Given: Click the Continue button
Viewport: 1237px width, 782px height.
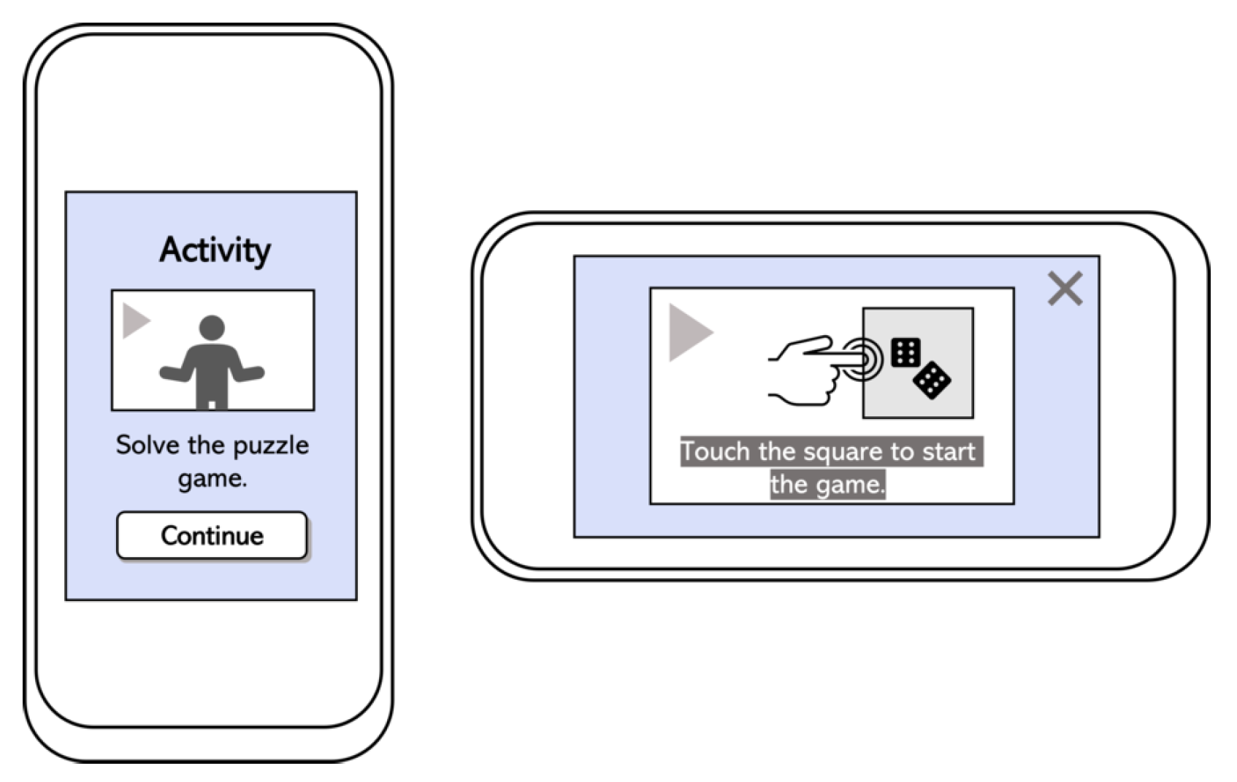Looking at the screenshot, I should tap(212, 535).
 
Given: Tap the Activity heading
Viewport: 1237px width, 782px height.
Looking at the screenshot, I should tap(215, 250).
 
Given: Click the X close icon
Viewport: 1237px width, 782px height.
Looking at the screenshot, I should tap(1065, 288).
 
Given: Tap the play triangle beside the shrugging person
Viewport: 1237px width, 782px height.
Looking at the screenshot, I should tap(135, 321).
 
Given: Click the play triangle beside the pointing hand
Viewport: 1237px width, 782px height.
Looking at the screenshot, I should tap(689, 332).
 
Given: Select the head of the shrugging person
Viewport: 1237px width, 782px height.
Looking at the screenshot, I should tap(212, 327).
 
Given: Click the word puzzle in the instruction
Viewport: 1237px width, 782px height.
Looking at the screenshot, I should tap(270, 445).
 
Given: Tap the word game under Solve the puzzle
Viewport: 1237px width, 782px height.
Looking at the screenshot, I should tap(212, 479).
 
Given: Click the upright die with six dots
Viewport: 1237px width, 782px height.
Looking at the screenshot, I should tap(905, 353).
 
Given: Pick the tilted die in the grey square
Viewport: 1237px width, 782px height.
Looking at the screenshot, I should tap(932, 380).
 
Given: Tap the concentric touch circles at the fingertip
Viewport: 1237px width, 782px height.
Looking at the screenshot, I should tap(863, 359).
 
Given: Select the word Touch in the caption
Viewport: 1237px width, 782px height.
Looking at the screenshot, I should tap(715, 452).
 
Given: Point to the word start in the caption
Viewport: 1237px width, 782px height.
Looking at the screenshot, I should tap(949, 452).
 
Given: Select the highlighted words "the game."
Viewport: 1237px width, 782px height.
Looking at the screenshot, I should tap(827, 485).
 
